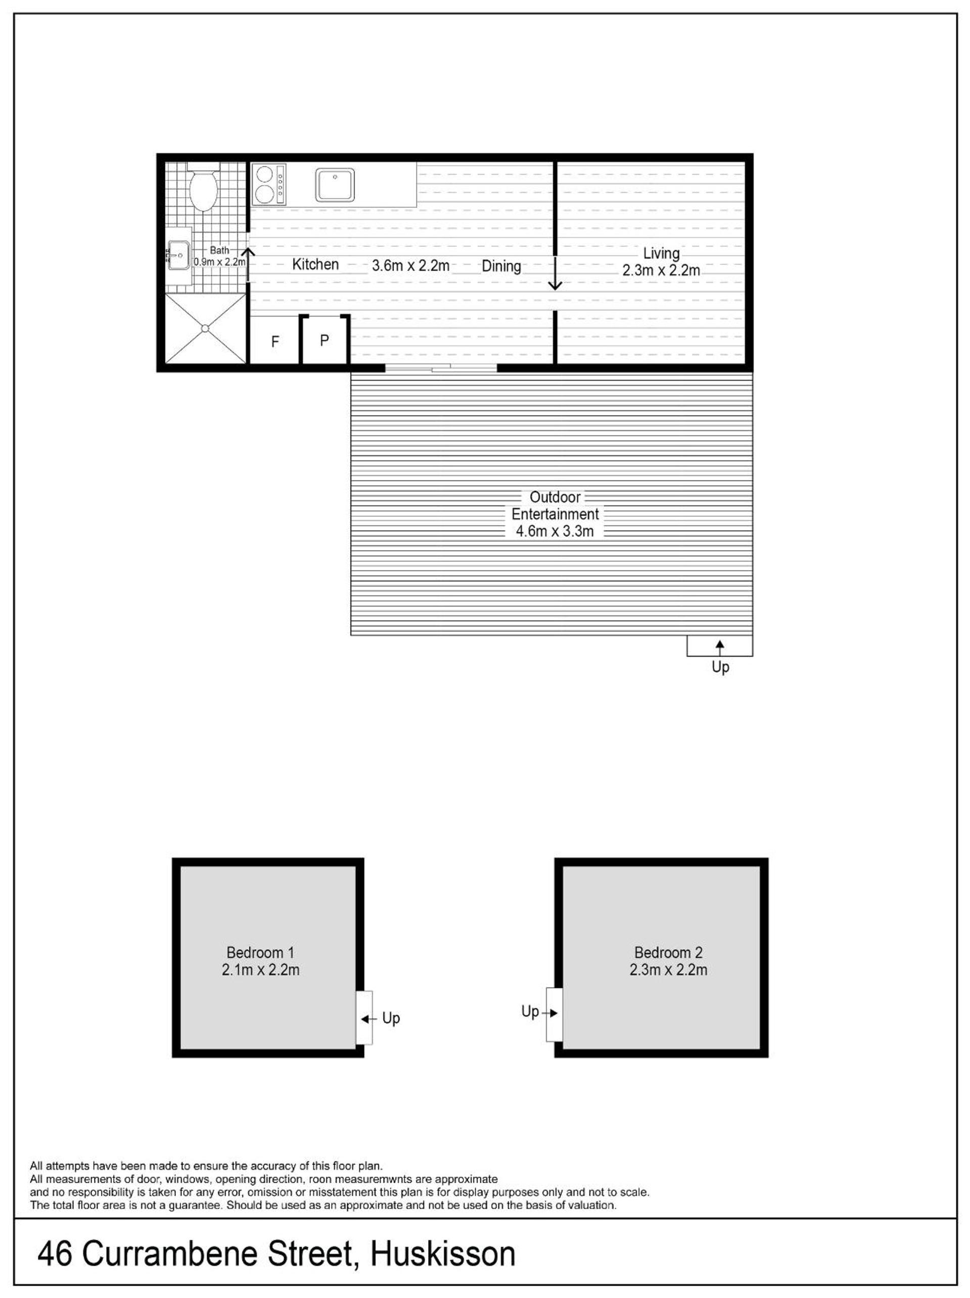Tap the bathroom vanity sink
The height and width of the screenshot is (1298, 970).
click(178, 255)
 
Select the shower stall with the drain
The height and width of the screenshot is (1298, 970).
click(205, 329)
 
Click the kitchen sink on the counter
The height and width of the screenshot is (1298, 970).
click(335, 185)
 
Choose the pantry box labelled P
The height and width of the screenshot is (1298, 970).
click(325, 340)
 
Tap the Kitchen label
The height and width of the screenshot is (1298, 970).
click(315, 265)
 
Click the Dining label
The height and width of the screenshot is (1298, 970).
click(501, 266)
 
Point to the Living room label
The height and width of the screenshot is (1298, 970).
click(661, 254)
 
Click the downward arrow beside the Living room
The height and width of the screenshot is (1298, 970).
click(555, 273)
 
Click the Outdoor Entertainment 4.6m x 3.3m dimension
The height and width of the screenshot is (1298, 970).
click(555, 532)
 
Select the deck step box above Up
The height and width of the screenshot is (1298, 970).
click(719, 645)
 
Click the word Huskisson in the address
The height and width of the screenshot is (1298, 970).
click(443, 1254)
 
